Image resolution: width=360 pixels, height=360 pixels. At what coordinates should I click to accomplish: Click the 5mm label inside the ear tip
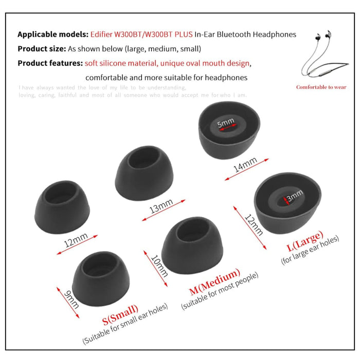[x=226, y=123]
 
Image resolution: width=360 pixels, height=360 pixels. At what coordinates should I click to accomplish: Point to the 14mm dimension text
[x=244, y=168]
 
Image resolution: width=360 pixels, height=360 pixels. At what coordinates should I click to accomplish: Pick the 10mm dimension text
[x=159, y=265]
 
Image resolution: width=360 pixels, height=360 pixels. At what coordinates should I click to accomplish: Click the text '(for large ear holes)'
[x=310, y=250]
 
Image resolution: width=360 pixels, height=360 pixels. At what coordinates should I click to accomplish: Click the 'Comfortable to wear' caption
[x=321, y=87]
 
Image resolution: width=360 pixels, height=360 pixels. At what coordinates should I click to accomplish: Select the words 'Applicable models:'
[x=53, y=34]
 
